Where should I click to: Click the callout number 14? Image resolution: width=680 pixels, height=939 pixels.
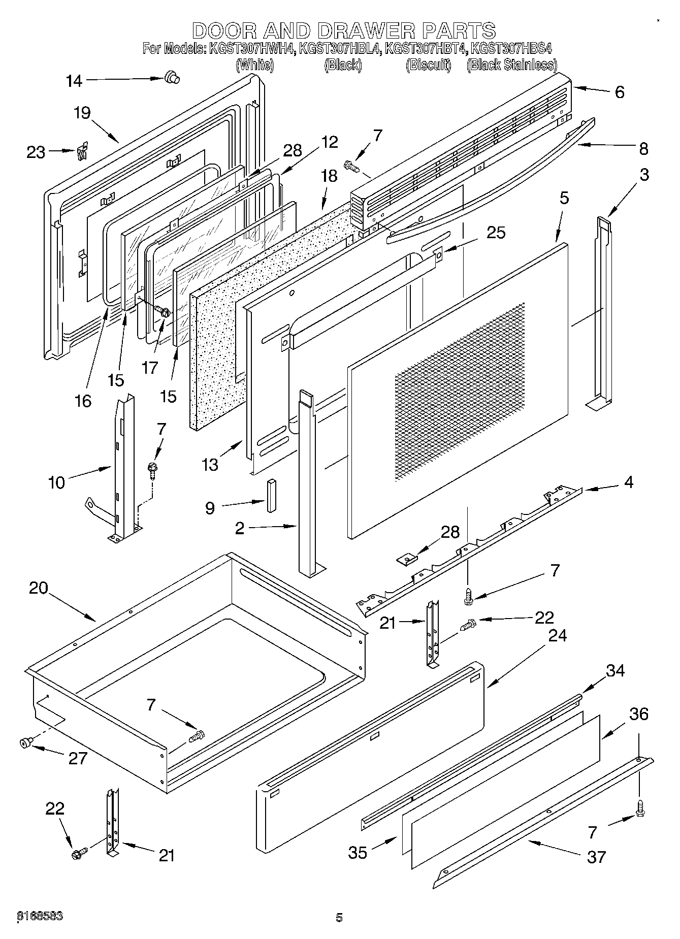point(74,81)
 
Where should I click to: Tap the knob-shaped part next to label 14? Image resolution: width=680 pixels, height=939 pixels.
point(172,78)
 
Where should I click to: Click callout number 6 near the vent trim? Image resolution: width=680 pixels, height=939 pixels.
point(619,92)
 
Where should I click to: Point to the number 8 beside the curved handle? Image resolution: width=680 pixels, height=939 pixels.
point(643,149)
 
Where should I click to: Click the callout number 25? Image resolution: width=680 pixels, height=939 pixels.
point(496,233)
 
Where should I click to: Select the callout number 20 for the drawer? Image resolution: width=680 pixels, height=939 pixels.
point(38,588)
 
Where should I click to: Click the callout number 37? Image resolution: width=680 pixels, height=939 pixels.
point(596,857)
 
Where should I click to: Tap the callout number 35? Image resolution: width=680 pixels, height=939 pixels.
point(358,852)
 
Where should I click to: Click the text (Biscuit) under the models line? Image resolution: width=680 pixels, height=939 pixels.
point(428,65)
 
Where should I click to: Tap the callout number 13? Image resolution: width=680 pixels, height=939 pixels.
point(210,464)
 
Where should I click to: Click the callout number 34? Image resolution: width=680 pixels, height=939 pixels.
point(615,670)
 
